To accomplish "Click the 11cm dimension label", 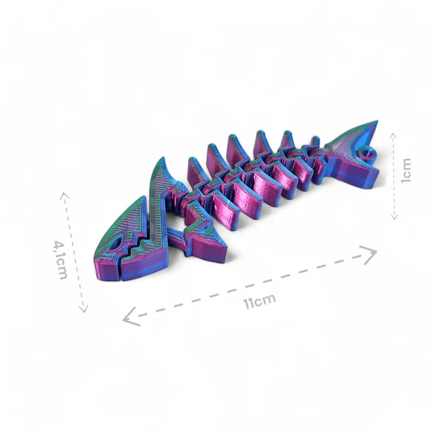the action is point(259,301).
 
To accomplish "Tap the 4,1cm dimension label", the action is point(61,260).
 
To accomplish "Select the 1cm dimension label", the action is point(406,170).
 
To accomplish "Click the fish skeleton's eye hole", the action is point(116,244).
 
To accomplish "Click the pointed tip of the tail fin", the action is point(377,122).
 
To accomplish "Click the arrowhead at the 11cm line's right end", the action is point(371,253).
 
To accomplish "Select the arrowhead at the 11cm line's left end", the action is point(129,317).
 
